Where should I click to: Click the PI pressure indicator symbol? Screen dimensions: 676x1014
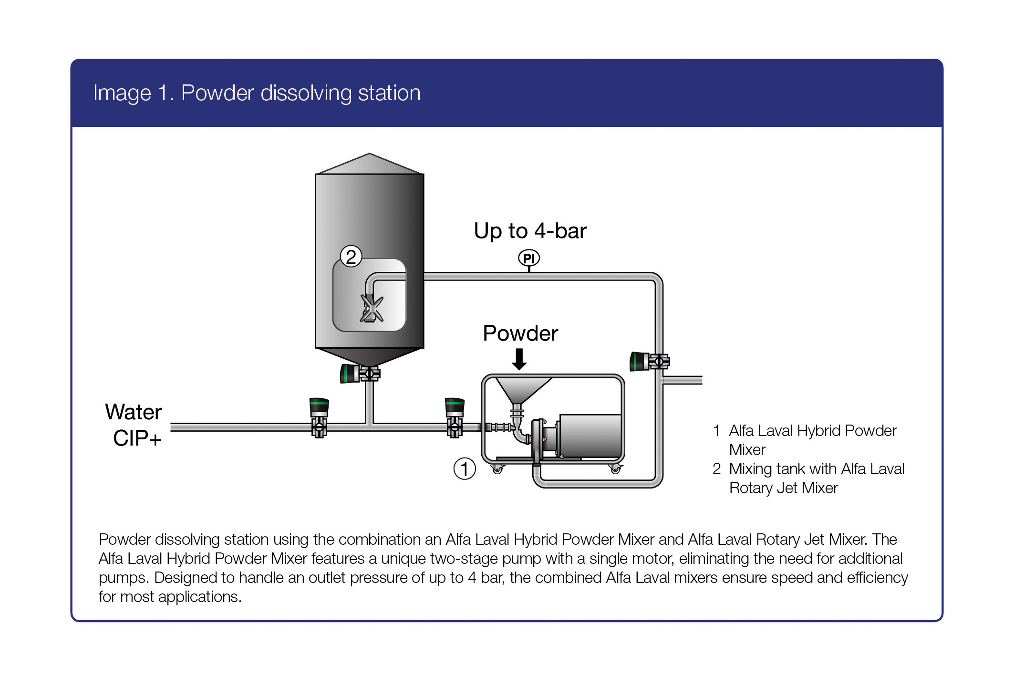(x=529, y=258)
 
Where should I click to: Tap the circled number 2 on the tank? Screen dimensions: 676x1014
(x=351, y=257)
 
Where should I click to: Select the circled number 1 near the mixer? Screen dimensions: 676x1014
(x=465, y=468)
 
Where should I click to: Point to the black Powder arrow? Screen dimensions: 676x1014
(x=519, y=359)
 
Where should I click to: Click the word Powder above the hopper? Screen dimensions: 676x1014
(x=520, y=333)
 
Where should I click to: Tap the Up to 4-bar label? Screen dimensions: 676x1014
(x=530, y=231)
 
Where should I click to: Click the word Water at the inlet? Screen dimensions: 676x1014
(x=134, y=412)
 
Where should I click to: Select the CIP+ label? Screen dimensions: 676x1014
(x=137, y=438)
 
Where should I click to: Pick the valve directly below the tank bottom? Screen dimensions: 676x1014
(x=361, y=373)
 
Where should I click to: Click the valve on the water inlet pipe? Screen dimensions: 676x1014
(x=319, y=418)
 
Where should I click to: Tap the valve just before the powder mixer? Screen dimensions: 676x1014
(x=455, y=418)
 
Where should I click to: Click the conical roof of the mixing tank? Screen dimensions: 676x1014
(x=370, y=164)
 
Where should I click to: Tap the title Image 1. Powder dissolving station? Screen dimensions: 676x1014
(x=257, y=93)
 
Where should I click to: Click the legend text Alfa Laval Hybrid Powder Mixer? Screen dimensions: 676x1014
(x=812, y=439)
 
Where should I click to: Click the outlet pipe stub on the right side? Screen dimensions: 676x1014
(x=683, y=380)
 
